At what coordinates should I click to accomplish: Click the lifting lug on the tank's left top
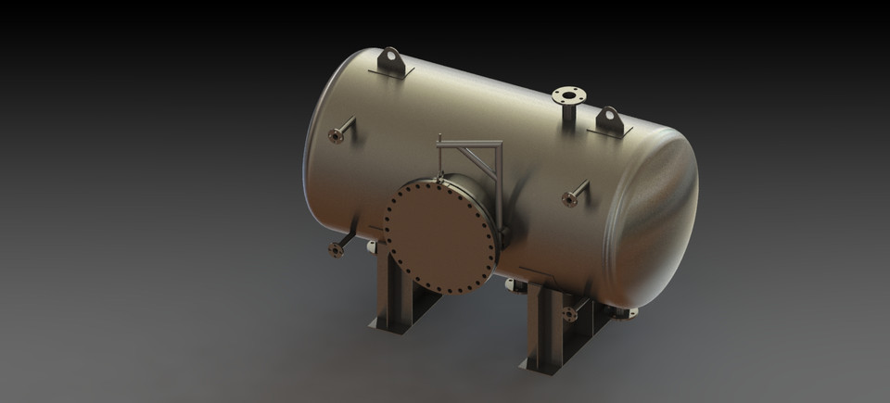click(x=391, y=62)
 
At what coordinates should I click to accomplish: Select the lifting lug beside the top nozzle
click(x=609, y=120)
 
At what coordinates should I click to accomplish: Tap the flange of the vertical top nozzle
click(x=569, y=95)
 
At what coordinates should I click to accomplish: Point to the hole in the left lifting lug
click(x=391, y=59)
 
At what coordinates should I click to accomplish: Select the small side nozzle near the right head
click(x=572, y=196)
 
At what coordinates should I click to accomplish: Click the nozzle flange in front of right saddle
click(x=569, y=315)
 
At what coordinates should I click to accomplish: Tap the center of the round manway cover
click(x=441, y=235)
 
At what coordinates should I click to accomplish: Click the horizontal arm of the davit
click(x=469, y=144)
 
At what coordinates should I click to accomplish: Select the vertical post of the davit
click(x=500, y=185)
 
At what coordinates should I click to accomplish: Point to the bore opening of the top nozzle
click(x=569, y=94)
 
